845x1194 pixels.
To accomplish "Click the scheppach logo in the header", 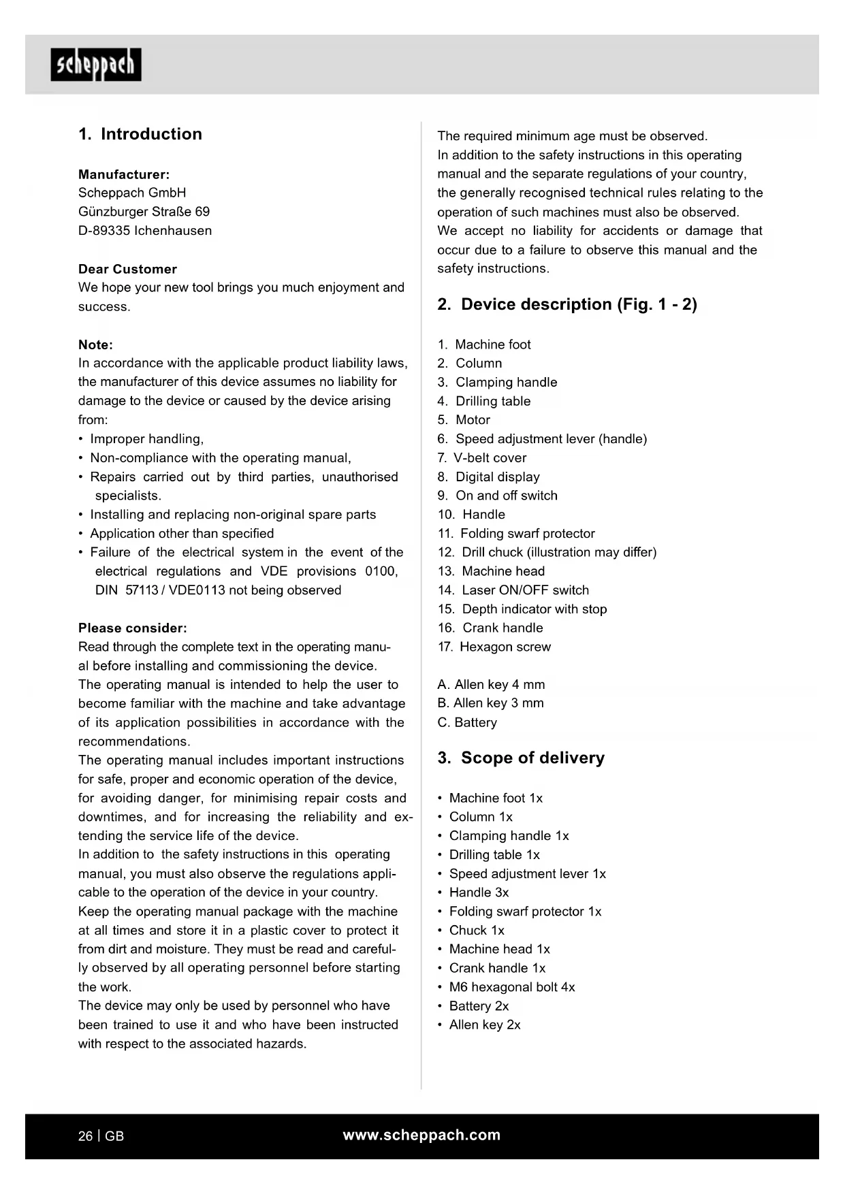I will click(x=96, y=65).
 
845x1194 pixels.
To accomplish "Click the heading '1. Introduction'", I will click(x=140, y=134).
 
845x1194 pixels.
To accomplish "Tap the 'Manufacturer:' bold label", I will click(x=124, y=174).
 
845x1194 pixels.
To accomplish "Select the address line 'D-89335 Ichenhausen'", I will click(x=145, y=231).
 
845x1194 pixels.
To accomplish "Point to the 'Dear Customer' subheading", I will click(x=127, y=269).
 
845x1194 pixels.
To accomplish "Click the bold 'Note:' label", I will click(x=95, y=344).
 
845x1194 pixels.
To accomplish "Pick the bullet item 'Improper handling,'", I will click(x=146, y=439).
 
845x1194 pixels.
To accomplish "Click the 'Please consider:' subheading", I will click(x=133, y=628).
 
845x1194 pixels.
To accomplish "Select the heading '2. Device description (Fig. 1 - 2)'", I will click(x=567, y=304).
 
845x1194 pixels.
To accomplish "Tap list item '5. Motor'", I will click(x=464, y=420).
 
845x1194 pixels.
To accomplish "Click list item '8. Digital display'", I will click(x=489, y=477).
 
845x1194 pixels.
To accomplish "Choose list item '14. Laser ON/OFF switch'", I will click(x=513, y=590).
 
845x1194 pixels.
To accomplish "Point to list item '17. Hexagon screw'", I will click(x=494, y=647).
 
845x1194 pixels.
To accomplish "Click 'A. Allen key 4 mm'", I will click(x=491, y=684).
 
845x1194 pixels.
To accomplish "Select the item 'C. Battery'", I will click(x=467, y=722).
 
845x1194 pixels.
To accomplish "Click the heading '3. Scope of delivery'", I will click(x=521, y=758).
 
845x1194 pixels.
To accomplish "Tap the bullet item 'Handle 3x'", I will click(x=479, y=892).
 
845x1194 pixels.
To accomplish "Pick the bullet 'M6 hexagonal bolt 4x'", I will click(x=511, y=987).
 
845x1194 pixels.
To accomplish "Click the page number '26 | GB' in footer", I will click(x=101, y=1136).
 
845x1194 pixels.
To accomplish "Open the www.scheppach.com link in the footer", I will click(x=421, y=1135).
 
